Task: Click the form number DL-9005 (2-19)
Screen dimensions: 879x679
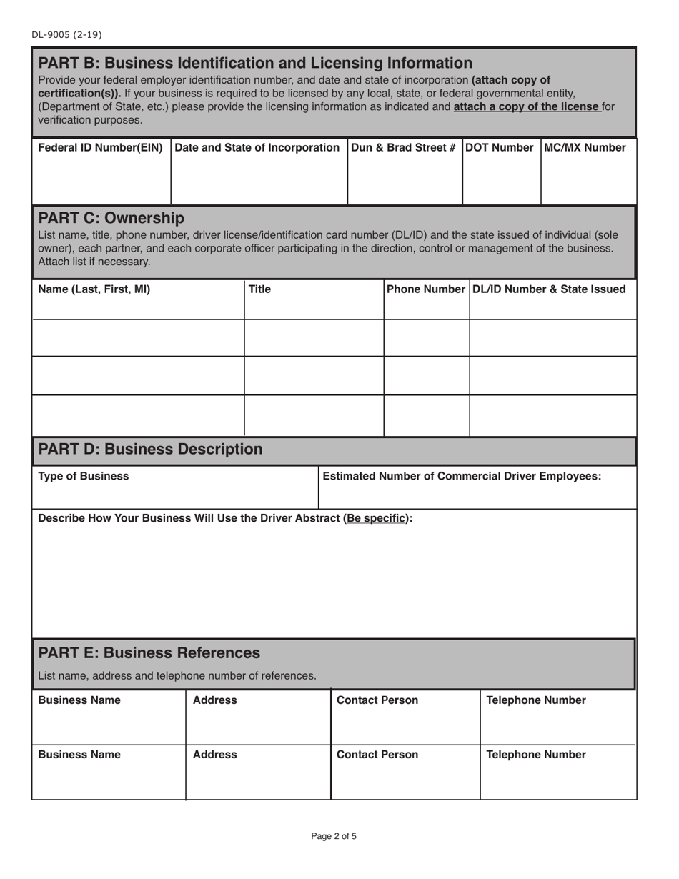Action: coord(61,34)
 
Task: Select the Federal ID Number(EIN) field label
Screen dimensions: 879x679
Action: coord(100,148)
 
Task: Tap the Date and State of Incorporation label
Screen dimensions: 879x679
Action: coord(257,148)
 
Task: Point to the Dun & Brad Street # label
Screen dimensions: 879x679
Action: coord(404,148)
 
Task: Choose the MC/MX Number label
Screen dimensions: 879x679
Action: coord(585,148)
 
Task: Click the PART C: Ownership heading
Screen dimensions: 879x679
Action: coord(111,217)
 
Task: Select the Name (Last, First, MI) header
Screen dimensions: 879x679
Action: coord(94,289)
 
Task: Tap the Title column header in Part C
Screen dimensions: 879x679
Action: coord(259,289)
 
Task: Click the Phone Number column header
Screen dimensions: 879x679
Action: coord(426,289)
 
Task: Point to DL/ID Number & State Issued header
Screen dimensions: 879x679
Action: coord(549,289)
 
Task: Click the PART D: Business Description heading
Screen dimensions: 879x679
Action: coord(150,449)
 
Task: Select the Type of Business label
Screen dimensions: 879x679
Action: coord(84,476)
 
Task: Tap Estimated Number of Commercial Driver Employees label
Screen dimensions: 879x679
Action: coord(462,476)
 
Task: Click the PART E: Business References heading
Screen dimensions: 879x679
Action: coord(149,653)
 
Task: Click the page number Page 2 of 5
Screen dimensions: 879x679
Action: coord(334,835)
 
